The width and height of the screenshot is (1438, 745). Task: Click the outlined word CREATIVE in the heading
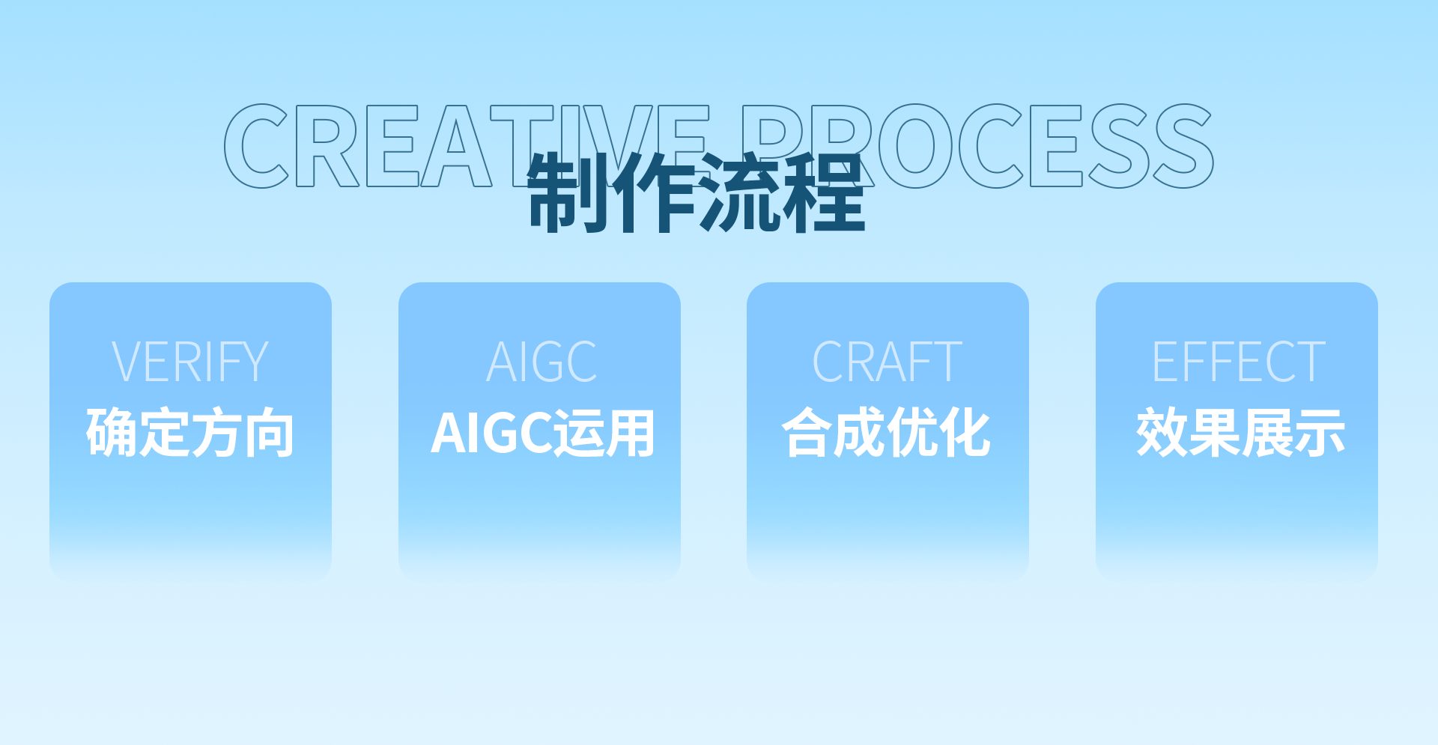tap(467, 146)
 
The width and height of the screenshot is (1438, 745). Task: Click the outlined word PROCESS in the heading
tap(977, 146)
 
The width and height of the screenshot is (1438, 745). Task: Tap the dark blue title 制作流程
tap(697, 192)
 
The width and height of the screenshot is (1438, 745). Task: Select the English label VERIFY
tap(190, 362)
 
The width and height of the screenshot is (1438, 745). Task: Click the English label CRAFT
tap(888, 362)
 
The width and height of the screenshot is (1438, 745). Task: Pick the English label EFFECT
tap(1239, 362)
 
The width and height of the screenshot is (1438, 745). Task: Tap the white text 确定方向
tap(190, 433)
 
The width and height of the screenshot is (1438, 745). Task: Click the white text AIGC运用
tap(543, 434)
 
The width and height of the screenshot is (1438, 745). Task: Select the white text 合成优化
tap(887, 433)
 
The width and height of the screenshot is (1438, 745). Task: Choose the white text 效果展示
tap(1240, 433)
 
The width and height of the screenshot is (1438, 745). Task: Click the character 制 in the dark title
tap(568, 192)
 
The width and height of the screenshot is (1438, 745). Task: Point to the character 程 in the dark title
tap(825, 192)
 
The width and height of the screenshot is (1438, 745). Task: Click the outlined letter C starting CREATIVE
tap(256, 146)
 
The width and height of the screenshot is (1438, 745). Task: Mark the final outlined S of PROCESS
tap(1183, 146)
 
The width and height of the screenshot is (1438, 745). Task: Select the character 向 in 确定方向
tap(269, 433)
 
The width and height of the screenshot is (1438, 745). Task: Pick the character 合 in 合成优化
tap(807, 433)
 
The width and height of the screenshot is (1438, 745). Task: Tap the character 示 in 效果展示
tap(1320, 433)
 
